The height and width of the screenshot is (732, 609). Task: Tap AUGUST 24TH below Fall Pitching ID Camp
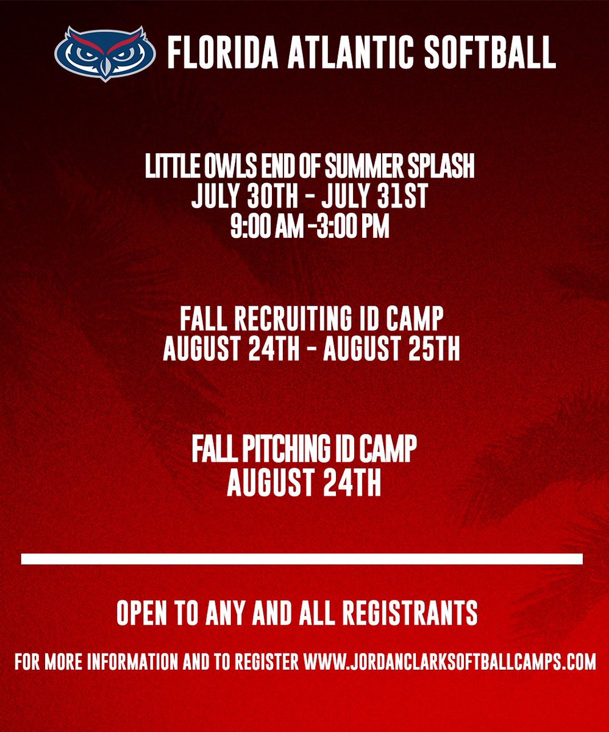point(304,484)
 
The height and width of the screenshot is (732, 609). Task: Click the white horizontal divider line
point(302,559)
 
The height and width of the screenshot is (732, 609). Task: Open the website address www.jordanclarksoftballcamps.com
point(449,662)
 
